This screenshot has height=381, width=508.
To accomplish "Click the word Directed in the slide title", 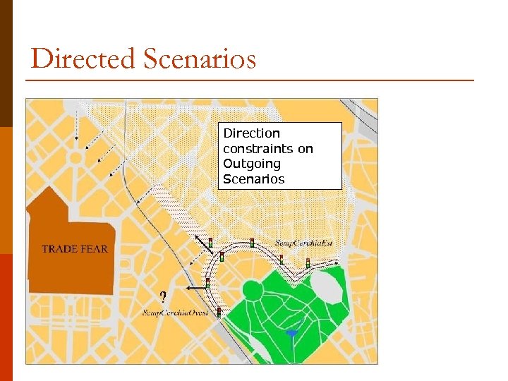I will tap(83, 59).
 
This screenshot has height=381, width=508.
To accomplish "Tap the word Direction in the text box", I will tap(251, 133).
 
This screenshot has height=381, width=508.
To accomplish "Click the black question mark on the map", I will tap(163, 297).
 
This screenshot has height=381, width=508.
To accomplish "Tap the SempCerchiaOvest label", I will tap(176, 313).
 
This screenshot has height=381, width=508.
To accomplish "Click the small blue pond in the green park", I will tap(292, 332).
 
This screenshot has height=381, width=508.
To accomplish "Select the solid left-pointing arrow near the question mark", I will tap(195, 289).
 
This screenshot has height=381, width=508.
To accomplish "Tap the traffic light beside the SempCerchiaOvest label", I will tap(219, 311).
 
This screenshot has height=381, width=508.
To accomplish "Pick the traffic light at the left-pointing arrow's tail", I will tap(207, 283).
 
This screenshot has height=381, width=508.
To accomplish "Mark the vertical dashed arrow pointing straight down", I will tap(77, 128).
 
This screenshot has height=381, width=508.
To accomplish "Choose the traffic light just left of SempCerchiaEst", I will tap(253, 243).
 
